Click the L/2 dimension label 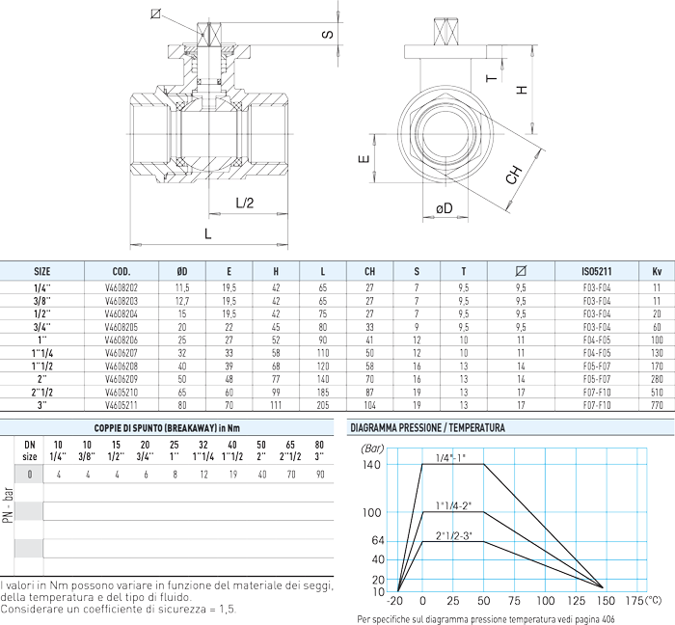tap(245, 204)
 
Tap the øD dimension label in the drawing tap(444, 208)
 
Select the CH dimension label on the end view tap(515, 175)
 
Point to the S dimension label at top tap(327, 35)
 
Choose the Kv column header tap(656, 272)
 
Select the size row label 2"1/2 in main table tap(42, 394)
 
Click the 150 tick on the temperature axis tap(604, 601)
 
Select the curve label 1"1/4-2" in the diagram tap(453, 504)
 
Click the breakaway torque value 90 tap(319, 475)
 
